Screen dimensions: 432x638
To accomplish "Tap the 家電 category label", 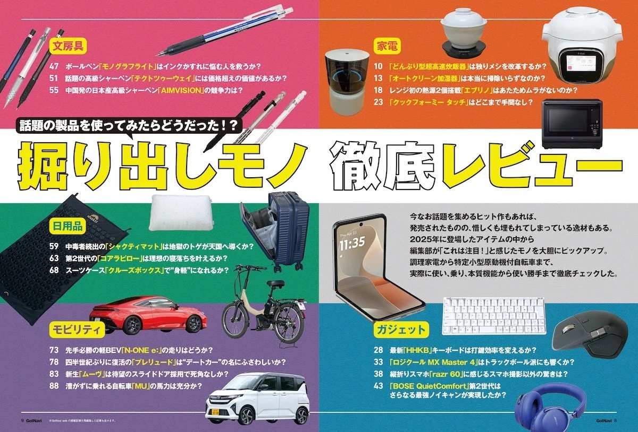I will pyautogui.click(x=386, y=46).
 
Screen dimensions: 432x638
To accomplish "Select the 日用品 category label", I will pyautogui.click(x=67, y=227).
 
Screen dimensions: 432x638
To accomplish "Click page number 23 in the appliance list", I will pyautogui.click(x=378, y=102).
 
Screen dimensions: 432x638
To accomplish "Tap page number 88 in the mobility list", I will pyautogui.click(x=54, y=386).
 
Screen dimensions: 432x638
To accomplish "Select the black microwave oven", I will pyautogui.click(x=571, y=123).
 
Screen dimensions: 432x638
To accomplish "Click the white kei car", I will pyautogui.click(x=257, y=398).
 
